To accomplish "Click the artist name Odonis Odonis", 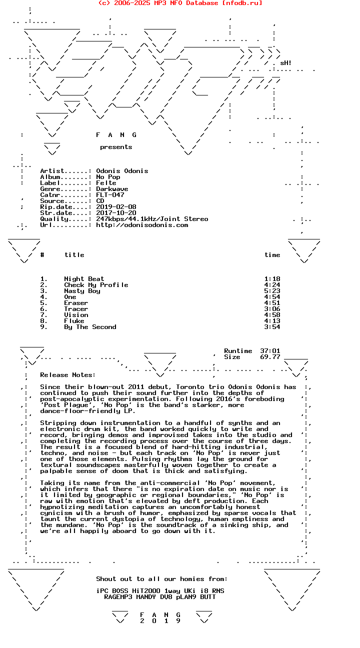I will click(x=122, y=171).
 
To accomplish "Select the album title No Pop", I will click(x=108, y=177).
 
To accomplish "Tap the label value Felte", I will click(x=106, y=183).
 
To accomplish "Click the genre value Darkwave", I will click(x=112, y=189).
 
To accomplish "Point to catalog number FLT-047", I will click(x=110, y=195).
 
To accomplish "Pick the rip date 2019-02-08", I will click(x=116, y=207).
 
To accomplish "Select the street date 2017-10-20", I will click(x=116, y=213).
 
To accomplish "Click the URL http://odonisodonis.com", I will click(x=142, y=225).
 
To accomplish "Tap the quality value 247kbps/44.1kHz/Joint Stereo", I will click(x=152, y=219).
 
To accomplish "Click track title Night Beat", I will click(x=84, y=279).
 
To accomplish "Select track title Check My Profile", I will click(x=96, y=285).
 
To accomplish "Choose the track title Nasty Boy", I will click(x=82, y=291).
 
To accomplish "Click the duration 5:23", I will click(x=272, y=291).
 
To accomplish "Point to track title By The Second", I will click(x=90, y=327).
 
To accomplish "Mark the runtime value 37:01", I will click(x=270, y=351).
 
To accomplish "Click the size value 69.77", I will click(x=270, y=357).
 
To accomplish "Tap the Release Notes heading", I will click(x=67, y=375).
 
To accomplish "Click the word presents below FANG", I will click(x=116, y=147).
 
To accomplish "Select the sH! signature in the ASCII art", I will click(x=285, y=63).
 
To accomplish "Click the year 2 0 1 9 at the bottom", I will click(x=160, y=621).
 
